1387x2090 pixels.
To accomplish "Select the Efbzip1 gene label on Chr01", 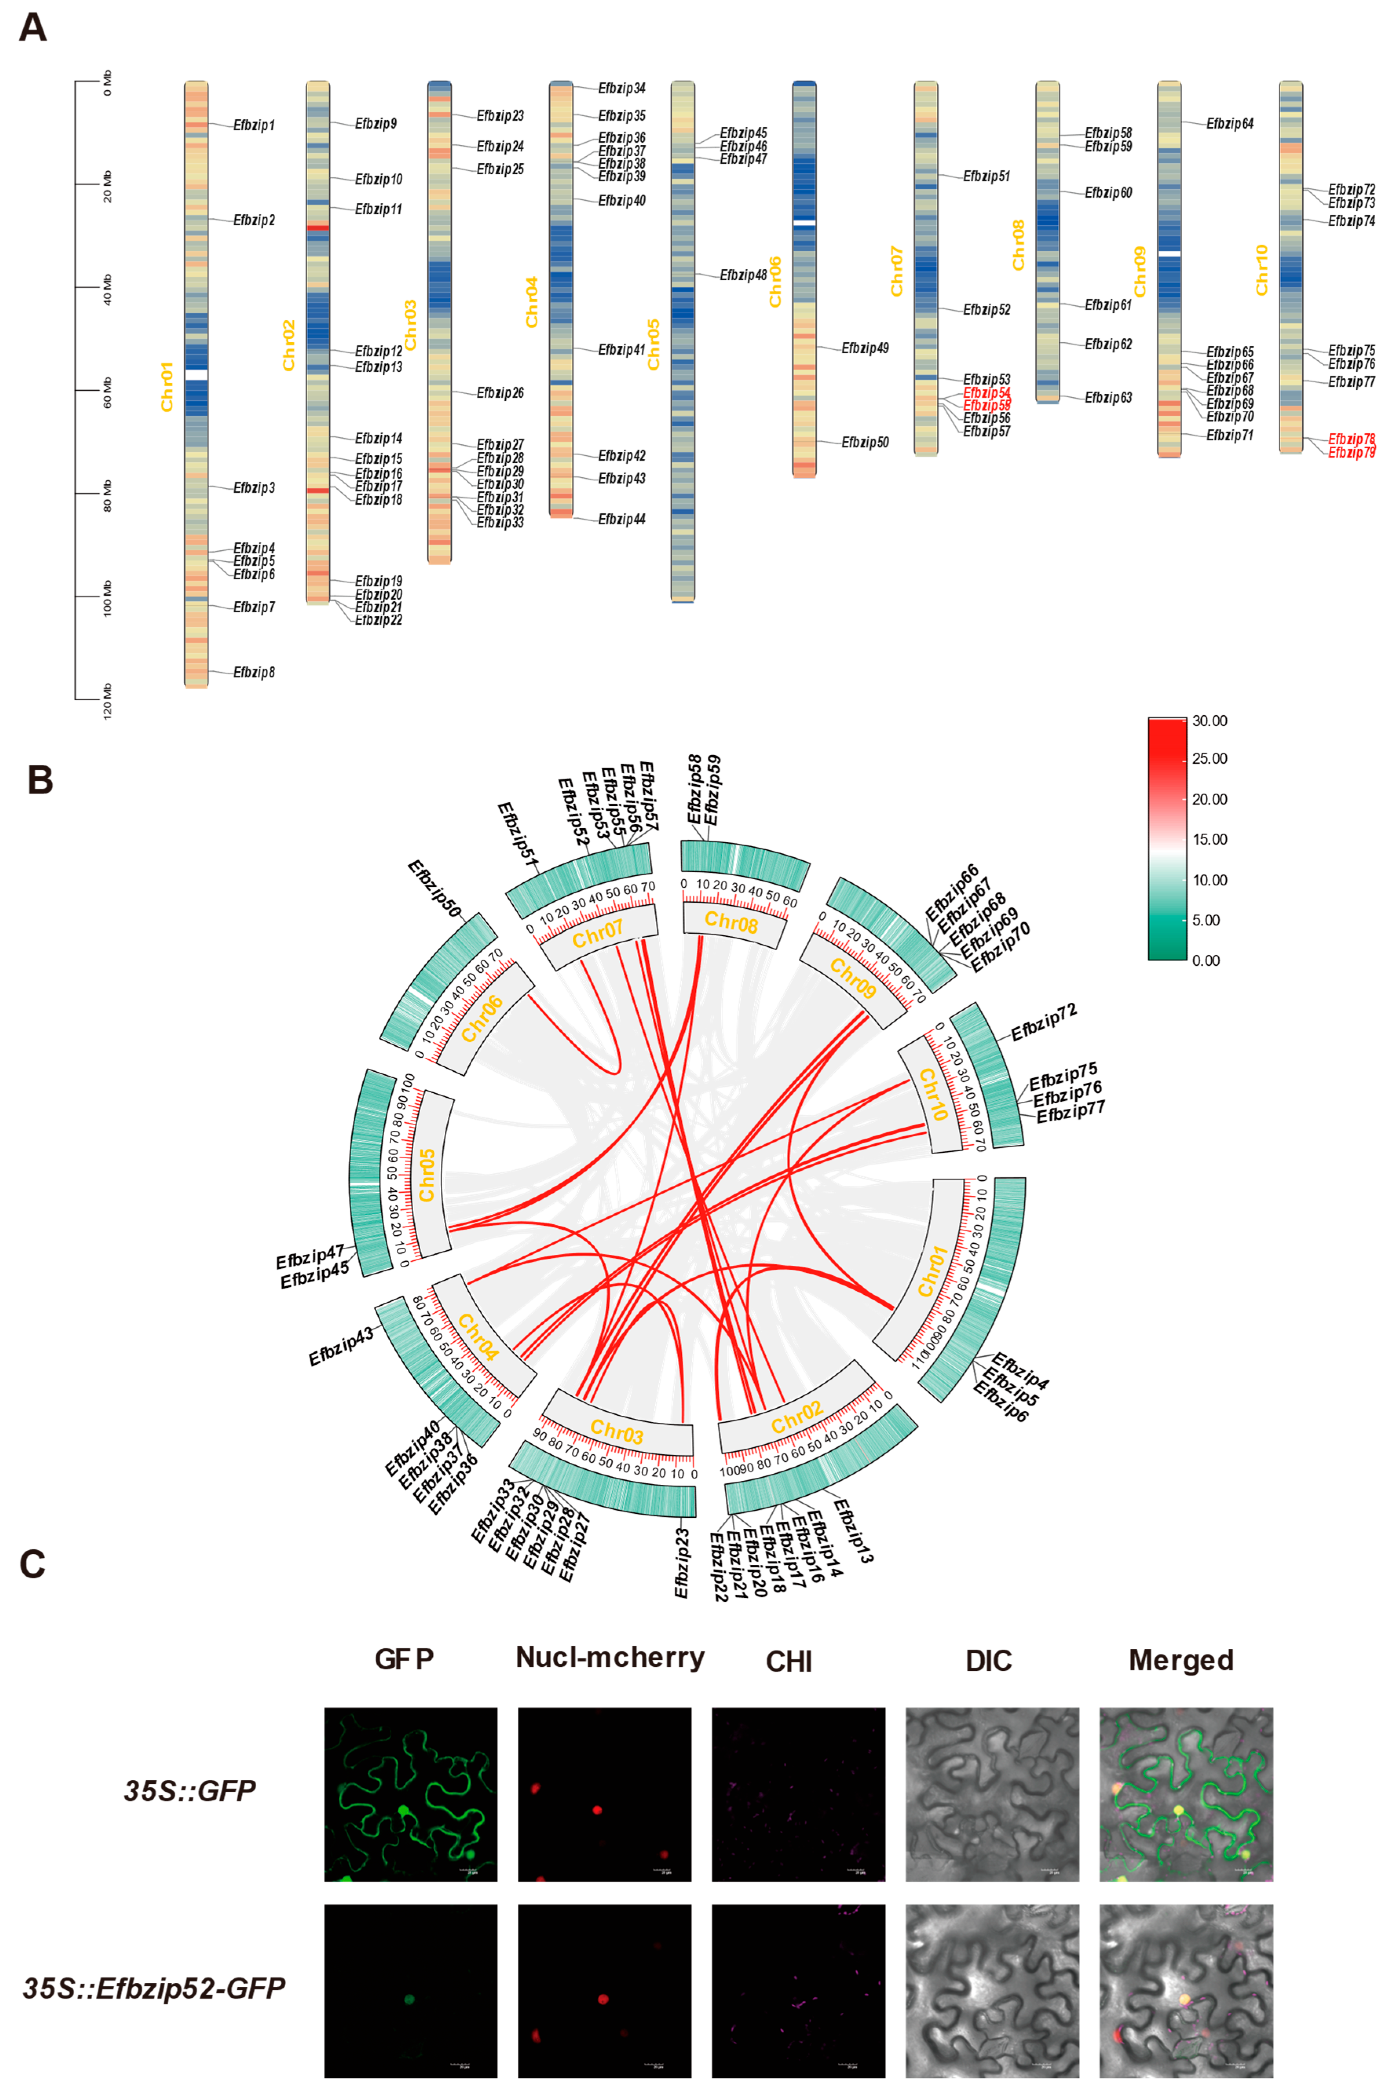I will pyautogui.click(x=254, y=126).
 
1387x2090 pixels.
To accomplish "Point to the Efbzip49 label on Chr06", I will pyautogui.click(x=864, y=349).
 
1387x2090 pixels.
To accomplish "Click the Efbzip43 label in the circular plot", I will pyautogui.click(x=341, y=1346).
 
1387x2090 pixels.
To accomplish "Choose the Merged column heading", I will pyautogui.click(x=1181, y=1660).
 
